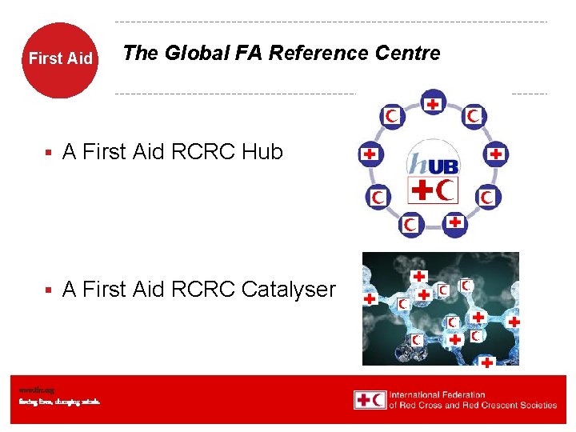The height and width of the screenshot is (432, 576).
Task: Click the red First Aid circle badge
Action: click(60, 59)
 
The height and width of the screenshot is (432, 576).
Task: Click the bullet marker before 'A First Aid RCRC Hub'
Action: click(49, 153)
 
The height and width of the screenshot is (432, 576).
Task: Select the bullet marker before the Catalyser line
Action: click(49, 290)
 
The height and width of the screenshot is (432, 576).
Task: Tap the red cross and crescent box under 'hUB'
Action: click(433, 190)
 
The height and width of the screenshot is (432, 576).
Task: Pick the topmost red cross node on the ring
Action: click(433, 103)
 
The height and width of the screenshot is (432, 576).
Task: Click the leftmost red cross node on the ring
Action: click(370, 154)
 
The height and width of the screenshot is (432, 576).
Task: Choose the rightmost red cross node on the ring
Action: click(496, 153)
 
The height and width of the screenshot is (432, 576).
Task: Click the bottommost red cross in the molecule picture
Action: click(486, 362)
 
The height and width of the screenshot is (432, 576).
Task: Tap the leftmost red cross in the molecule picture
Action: click(370, 298)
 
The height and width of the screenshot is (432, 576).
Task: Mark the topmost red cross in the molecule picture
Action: click(418, 276)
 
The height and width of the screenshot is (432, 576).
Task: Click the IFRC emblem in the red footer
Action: click(370, 399)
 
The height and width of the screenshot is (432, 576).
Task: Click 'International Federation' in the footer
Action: click(437, 394)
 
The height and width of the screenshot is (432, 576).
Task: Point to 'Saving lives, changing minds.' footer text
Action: click(60, 402)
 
